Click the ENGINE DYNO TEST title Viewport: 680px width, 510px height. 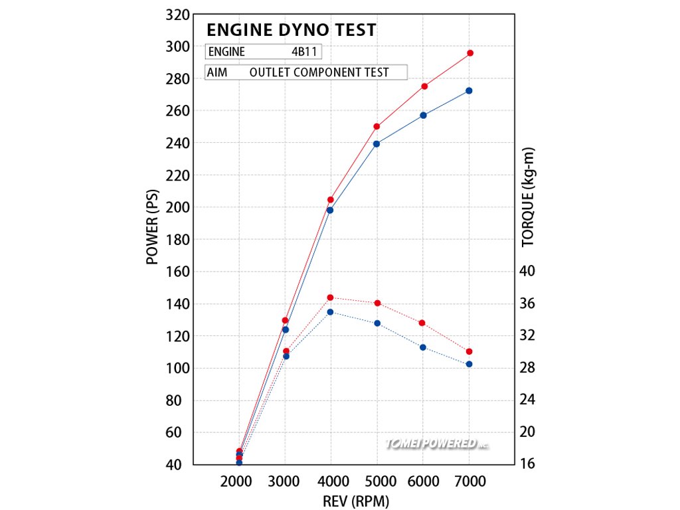coord(291,30)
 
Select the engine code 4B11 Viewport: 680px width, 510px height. coord(305,52)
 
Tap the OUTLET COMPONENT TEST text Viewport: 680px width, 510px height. coord(319,72)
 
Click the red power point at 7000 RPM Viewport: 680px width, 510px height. coord(469,53)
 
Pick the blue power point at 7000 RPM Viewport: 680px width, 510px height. coord(469,90)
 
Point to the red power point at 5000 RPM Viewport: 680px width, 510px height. coord(377,126)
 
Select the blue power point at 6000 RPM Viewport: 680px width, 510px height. coord(423,115)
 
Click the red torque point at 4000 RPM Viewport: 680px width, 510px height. coord(330,297)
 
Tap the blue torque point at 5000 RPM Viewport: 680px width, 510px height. coord(377,323)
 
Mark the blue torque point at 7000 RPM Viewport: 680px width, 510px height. coord(469,364)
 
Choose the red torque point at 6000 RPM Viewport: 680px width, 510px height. coord(422,323)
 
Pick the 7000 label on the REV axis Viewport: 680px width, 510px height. coord(470,481)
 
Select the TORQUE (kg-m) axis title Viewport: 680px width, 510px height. coord(529,197)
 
